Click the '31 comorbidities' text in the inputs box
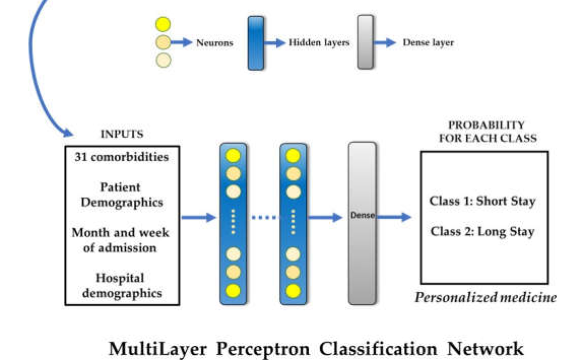point(122,157)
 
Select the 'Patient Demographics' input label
point(122,195)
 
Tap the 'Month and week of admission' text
point(121,240)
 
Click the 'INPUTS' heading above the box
point(122,134)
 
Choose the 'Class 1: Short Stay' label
point(483,201)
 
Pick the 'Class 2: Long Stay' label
point(483,232)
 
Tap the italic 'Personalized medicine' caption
point(485,297)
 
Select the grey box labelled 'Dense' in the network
point(362,223)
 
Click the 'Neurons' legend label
point(214,43)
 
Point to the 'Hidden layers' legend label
point(319,43)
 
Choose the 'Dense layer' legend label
point(428,43)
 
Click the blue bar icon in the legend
point(256,43)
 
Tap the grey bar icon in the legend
point(365,42)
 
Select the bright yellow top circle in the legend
point(163,24)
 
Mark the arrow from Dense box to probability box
point(394,218)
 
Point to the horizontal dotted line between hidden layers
point(265,218)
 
